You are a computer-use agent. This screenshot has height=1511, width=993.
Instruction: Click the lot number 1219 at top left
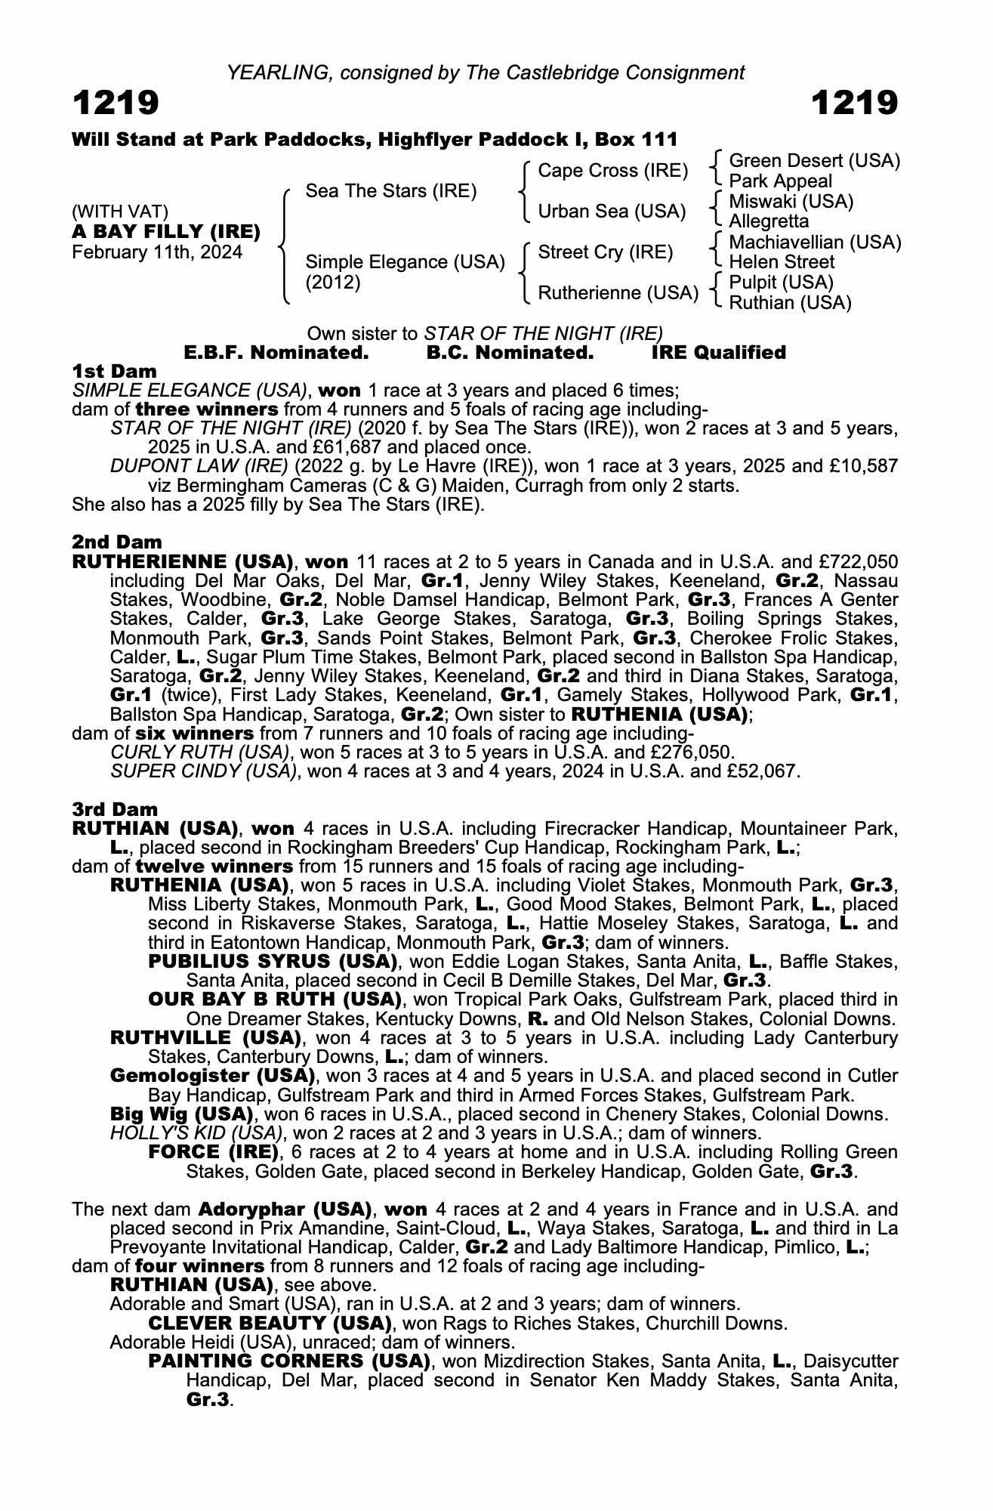click(116, 103)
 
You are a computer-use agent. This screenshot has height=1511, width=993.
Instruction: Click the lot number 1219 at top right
click(854, 103)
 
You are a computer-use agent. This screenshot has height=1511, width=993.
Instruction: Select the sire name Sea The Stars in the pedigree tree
click(390, 191)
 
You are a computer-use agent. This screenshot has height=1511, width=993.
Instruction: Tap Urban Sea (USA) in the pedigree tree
click(612, 212)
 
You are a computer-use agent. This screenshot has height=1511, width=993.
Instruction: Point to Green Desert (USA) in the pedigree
click(814, 161)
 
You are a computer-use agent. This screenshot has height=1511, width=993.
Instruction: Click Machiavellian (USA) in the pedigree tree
click(815, 243)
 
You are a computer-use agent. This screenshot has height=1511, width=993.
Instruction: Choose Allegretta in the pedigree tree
click(769, 221)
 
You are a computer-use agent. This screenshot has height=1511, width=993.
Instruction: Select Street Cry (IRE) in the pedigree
click(605, 252)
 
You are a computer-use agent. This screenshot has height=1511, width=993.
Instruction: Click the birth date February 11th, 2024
click(157, 252)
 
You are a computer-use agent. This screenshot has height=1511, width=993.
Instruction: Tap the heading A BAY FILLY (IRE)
click(166, 231)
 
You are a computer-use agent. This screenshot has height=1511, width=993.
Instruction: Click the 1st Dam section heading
click(114, 371)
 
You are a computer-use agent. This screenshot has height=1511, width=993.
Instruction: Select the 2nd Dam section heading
click(116, 542)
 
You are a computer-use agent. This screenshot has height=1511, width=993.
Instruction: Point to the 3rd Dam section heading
click(116, 809)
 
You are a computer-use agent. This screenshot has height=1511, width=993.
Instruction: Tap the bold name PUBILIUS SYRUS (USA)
click(273, 962)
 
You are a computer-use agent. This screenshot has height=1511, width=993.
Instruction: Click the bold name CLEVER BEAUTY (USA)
click(270, 1323)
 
